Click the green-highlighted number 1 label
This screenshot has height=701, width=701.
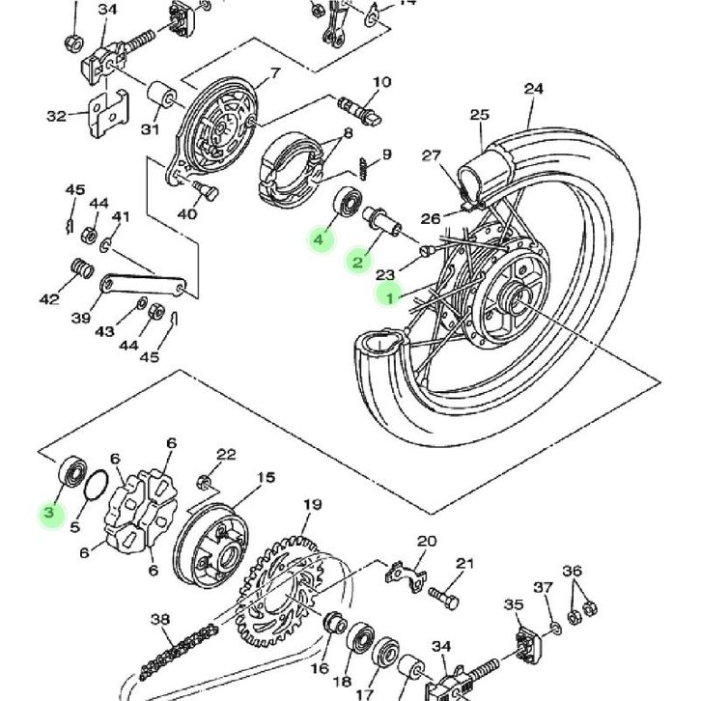pyautogui.click(x=391, y=295)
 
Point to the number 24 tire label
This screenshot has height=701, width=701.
pyautogui.click(x=534, y=90)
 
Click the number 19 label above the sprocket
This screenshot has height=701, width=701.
pyautogui.click(x=311, y=504)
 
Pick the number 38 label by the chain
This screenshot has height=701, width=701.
pyautogui.click(x=160, y=619)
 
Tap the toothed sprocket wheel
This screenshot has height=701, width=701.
pyautogui.click(x=280, y=579)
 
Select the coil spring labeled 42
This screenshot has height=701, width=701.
pyautogui.click(x=77, y=267)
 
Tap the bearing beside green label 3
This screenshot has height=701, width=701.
pyautogui.click(x=70, y=470)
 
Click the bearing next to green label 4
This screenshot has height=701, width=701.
pyautogui.click(x=346, y=205)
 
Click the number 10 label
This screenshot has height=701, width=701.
pyautogui.click(x=382, y=82)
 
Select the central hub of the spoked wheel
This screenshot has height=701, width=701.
pyautogui.click(x=511, y=299)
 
